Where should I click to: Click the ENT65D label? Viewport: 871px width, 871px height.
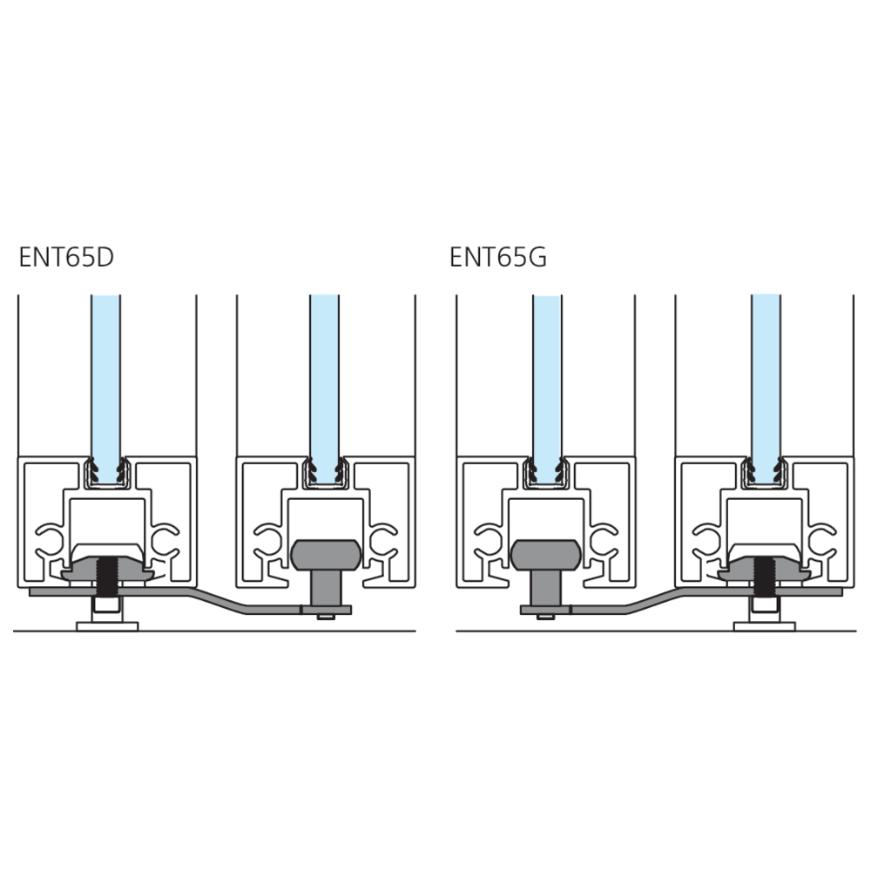pos(66,257)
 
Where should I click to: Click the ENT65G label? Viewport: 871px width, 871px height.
pos(497,257)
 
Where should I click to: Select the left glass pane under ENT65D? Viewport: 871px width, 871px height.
pos(105,388)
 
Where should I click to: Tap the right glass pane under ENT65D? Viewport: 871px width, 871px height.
pos(324,388)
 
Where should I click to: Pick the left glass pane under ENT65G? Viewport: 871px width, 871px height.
pos(547,388)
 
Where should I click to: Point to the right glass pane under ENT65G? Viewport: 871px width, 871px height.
pos(766,388)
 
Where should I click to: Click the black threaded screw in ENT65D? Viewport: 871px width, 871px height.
pos(106,577)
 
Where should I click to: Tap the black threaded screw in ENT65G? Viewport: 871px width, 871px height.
pos(765,577)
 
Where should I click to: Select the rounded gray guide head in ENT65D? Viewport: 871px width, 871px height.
pos(326,555)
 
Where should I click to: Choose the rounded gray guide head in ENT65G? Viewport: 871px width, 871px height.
pos(545,555)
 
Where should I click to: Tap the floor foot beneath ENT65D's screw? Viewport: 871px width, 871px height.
pos(106,626)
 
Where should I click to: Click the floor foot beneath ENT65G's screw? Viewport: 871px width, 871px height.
pos(765,626)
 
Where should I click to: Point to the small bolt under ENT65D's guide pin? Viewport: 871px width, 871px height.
pos(326,617)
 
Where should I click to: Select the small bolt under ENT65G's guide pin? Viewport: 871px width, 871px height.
pos(546,617)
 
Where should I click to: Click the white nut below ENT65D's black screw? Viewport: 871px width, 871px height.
pos(106,604)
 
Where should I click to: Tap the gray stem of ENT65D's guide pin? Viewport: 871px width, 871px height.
pos(326,588)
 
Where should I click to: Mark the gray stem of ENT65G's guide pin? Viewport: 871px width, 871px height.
pos(545,588)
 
